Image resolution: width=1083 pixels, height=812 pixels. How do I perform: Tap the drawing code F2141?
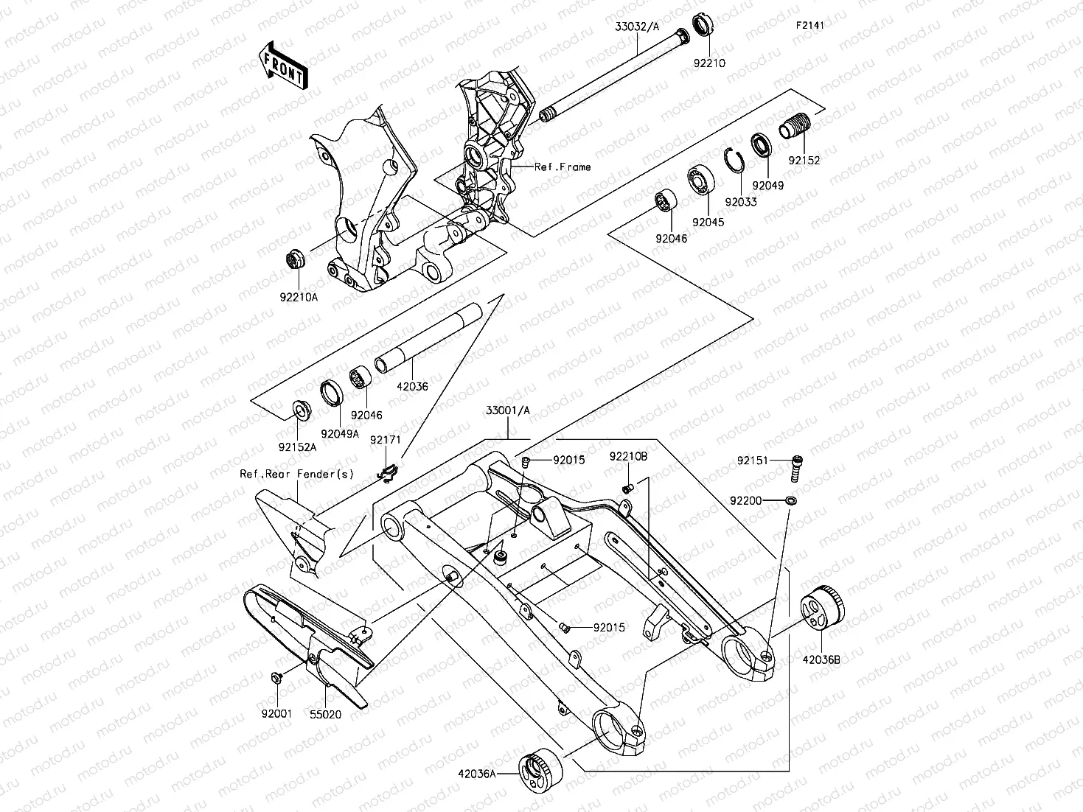pyautogui.click(x=809, y=26)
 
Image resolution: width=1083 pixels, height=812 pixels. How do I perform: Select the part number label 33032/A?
pyautogui.click(x=637, y=26)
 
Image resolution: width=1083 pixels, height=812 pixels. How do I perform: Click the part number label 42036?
pyautogui.click(x=412, y=386)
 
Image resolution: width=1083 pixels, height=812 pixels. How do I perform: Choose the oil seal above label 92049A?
pyautogui.click(x=332, y=392)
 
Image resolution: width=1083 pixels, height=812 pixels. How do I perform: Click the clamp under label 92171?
pyautogui.click(x=389, y=473)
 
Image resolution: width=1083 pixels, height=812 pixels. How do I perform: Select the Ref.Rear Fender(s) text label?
pyautogui.click(x=296, y=474)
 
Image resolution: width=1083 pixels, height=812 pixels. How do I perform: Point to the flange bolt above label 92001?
pyautogui.click(x=276, y=677)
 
